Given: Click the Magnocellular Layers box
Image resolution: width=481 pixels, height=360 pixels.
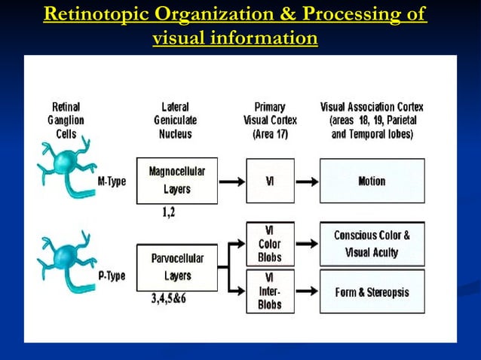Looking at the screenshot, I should pos(176,181).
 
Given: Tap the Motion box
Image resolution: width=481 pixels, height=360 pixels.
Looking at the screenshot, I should pos(372,181).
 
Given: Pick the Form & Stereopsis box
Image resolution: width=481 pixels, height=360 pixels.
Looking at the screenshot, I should pos(372,291).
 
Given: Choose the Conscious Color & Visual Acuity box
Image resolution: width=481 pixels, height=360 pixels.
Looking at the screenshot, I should pos(372,244).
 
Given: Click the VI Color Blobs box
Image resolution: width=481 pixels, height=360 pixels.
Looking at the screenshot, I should pos(270,244).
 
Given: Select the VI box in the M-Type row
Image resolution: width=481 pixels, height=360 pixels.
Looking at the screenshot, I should pos(270,181).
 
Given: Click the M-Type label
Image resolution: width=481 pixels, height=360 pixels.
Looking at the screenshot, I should pos(112,182).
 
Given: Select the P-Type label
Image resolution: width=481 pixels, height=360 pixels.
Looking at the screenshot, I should pos(112,276).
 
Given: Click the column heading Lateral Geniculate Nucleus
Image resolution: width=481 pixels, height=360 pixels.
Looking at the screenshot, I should pos(175,121).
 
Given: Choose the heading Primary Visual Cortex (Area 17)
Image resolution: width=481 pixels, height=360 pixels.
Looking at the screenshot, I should pos(270,121).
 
